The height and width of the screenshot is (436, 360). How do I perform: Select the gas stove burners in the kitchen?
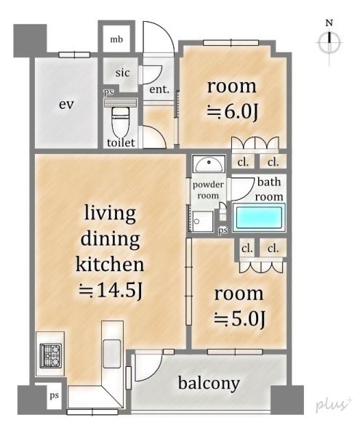[51, 355]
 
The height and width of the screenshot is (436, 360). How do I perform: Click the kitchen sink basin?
[111, 351]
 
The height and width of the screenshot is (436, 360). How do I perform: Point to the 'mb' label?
[116, 39]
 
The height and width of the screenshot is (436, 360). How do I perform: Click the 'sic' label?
[122, 73]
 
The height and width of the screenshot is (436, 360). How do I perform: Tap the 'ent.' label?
[159, 89]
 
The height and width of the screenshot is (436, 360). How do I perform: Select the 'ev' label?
[66, 105]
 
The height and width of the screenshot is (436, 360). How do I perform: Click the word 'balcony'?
[209, 383]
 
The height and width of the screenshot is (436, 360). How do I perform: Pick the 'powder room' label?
[208, 190]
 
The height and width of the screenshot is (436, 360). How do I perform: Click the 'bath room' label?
[269, 190]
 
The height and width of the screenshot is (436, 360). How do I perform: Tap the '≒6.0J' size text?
[233, 112]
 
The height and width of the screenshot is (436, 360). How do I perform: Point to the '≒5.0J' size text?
[239, 319]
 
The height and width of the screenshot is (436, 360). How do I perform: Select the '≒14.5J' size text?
[111, 291]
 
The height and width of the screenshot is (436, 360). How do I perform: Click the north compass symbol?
[329, 42]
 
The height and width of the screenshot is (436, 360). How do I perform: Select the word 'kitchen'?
[110, 265]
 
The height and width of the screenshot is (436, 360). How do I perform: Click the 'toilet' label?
[121, 143]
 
